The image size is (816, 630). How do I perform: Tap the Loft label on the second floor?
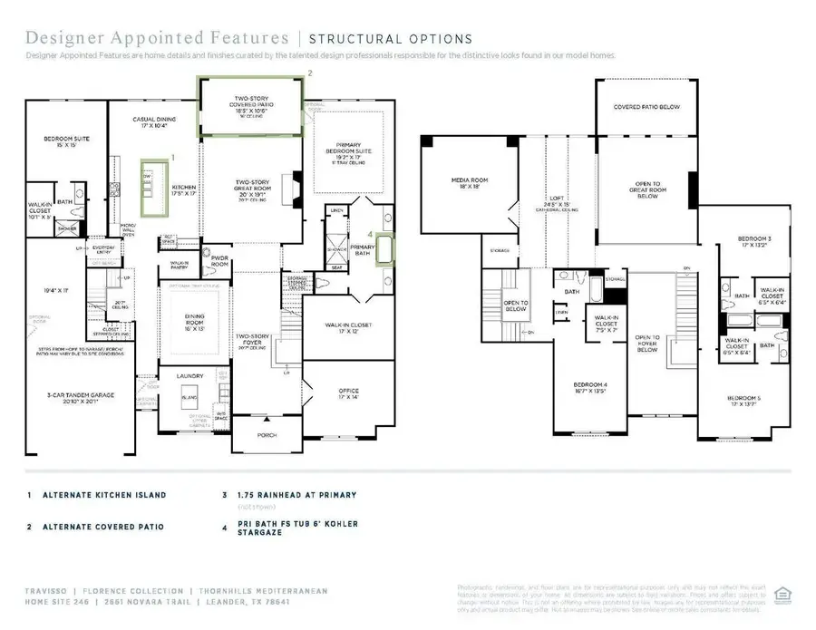558,201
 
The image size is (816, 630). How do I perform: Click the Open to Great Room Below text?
647,189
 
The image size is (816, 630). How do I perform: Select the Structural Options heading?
391,39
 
